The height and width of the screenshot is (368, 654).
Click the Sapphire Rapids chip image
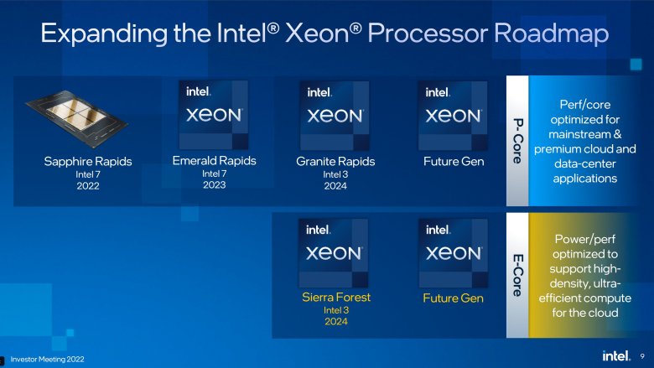[x=77, y=118]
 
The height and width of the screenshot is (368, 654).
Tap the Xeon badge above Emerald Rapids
[x=214, y=115]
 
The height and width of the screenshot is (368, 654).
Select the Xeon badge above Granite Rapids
[x=335, y=116]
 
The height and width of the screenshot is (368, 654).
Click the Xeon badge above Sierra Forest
[x=333, y=253]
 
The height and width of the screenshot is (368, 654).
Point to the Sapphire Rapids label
[x=88, y=162]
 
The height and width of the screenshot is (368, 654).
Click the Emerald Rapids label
[x=215, y=161]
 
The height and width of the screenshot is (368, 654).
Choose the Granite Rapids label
[x=335, y=162]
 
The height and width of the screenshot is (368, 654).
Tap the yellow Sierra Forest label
[x=336, y=297]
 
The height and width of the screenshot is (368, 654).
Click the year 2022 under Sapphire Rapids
[x=88, y=186]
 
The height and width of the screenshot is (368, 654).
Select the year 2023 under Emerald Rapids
[x=215, y=185]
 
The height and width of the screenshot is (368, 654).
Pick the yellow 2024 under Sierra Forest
[x=336, y=321]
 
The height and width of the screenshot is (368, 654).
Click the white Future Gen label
[x=454, y=162]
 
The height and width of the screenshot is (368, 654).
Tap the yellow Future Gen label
[x=453, y=298]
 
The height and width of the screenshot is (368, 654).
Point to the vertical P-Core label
[x=517, y=141]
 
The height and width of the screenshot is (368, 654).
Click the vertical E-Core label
[x=517, y=276]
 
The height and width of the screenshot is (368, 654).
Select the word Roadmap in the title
[x=552, y=34]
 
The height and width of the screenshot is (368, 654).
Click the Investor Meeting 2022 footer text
[x=47, y=360]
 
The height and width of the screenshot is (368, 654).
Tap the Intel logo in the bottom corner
[x=615, y=356]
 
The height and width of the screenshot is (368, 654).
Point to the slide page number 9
[x=642, y=356]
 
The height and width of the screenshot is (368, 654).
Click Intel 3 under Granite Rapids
[x=335, y=174]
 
